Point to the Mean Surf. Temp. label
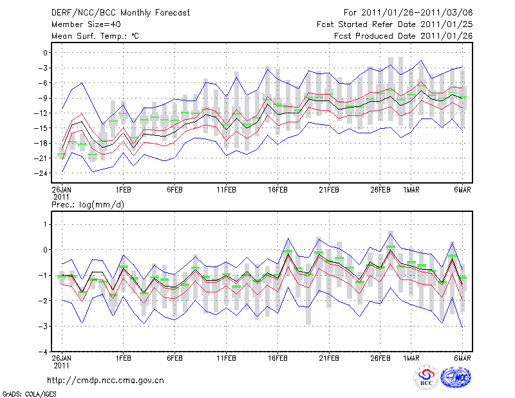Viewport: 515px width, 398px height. [x=95, y=35]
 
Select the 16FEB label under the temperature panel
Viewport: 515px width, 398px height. [x=277, y=190]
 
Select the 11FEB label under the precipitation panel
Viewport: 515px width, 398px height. [x=226, y=357]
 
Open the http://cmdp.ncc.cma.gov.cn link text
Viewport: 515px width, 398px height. [x=105, y=380]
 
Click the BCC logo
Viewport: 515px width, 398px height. [x=426, y=378]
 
